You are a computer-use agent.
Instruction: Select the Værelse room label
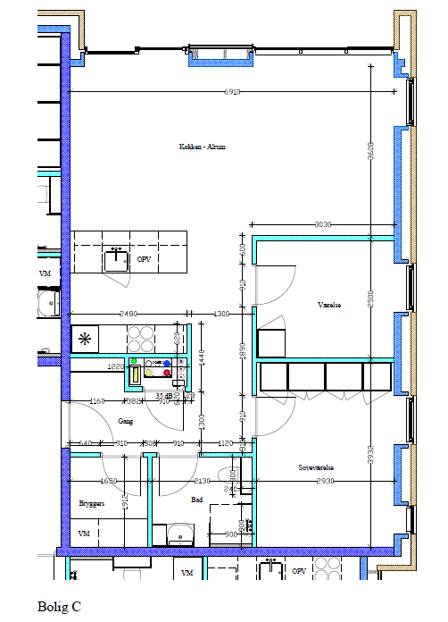(329, 304)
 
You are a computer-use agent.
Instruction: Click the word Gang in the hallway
(125, 420)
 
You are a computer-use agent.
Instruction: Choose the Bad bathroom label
(197, 501)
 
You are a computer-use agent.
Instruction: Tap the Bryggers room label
(92, 503)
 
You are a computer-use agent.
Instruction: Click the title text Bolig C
(59, 606)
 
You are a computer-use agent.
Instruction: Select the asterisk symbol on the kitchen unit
(86, 339)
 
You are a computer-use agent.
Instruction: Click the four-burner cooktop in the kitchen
(140, 338)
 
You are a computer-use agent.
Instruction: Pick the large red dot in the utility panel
(166, 374)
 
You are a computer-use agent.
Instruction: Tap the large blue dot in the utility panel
(166, 362)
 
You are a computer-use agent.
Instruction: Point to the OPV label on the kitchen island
(144, 259)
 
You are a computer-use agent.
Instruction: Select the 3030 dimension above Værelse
(323, 225)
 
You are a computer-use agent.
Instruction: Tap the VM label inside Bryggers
(85, 534)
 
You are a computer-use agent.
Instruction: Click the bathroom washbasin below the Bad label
(182, 535)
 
